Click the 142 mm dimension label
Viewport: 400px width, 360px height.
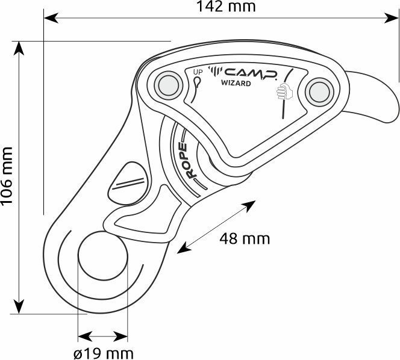click(x=226, y=7)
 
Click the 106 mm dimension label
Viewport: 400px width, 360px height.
click(x=7, y=176)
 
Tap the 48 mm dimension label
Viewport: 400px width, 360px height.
click(x=245, y=239)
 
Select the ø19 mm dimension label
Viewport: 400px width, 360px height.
click(x=104, y=353)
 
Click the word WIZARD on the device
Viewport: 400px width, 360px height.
click(x=236, y=83)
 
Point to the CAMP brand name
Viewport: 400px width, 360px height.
click(x=251, y=73)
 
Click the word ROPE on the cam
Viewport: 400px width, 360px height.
click(x=189, y=161)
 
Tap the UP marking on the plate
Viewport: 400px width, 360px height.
click(x=198, y=72)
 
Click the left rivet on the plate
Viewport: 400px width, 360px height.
click(x=168, y=85)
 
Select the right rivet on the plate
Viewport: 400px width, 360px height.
click(x=319, y=92)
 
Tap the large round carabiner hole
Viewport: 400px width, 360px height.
click(x=102, y=256)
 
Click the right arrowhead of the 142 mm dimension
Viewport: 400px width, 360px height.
click(x=391, y=18)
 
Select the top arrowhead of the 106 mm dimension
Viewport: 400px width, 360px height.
click(x=19, y=48)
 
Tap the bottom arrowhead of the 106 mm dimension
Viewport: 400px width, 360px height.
click(x=19, y=306)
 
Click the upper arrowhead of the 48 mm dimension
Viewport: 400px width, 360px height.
click(x=249, y=206)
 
